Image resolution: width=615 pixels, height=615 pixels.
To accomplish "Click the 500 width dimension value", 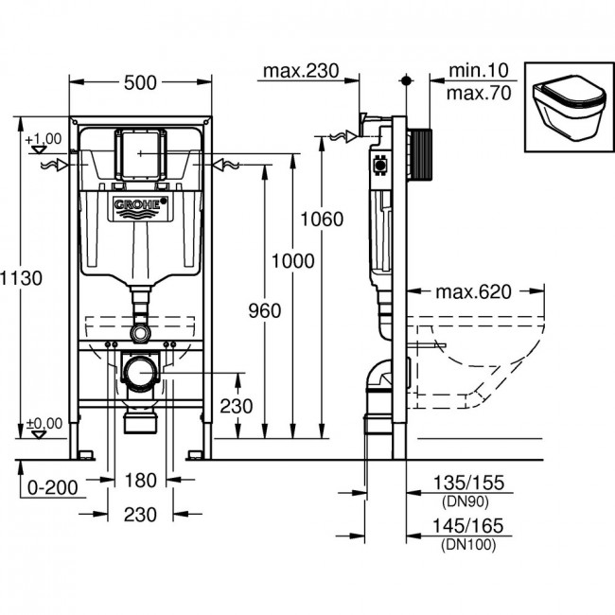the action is (x=140, y=82).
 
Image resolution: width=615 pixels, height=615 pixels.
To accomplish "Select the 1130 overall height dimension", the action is (x=21, y=278).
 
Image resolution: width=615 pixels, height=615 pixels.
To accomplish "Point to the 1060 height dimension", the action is (x=322, y=219).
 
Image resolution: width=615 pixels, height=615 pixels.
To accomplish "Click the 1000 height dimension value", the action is (x=293, y=261).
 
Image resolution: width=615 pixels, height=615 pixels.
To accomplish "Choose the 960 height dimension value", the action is (x=265, y=310).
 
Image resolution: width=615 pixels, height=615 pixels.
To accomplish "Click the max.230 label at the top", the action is (x=301, y=71).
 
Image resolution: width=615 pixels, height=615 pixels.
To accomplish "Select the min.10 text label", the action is (x=479, y=71).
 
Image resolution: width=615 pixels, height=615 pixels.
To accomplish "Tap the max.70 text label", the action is (x=479, y=94).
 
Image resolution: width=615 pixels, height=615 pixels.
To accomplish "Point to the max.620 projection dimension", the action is (x=473, y=291).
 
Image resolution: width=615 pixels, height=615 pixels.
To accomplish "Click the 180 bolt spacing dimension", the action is (x=140, y=480).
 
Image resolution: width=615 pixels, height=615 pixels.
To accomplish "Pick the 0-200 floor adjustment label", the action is (x=53, y=488).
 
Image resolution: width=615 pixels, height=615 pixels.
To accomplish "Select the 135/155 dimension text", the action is (x=468, y=483).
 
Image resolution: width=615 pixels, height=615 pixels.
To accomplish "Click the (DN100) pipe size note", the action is (x=468, y=545).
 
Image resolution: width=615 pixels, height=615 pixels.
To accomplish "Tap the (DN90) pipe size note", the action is (x=466, y=501).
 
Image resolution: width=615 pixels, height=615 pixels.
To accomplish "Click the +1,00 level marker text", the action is (x=44, y=139).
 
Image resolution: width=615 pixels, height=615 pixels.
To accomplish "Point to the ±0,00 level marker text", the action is (x=44, y=424).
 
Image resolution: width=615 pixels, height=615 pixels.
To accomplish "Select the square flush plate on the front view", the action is (x=141, y=154).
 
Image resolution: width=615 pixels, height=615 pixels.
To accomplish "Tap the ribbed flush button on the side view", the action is (x=420, y=154).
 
